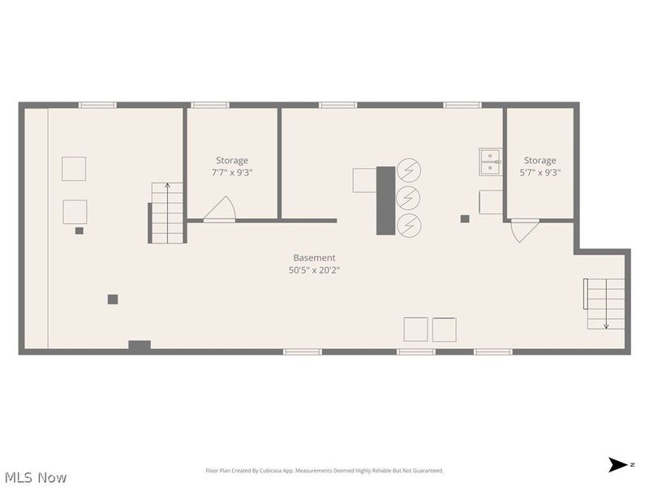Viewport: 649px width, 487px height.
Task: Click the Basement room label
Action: click(314, 258)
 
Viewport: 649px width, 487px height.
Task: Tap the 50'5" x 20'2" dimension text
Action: click(314, 271)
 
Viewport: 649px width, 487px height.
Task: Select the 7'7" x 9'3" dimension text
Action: click(232, 172)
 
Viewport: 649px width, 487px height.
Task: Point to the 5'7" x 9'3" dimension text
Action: click(540, 172)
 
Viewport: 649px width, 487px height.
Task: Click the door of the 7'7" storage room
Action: click(219, 209)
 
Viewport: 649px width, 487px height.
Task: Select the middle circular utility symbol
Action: click(409, 196)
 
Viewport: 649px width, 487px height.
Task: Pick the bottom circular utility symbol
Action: click(409, 223)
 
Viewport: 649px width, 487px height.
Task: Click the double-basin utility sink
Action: click(490, 162)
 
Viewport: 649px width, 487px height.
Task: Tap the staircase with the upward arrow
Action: click(167, 213)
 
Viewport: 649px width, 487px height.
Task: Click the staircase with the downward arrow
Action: click(605, 304)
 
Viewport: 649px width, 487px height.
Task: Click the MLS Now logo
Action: click(35, 477)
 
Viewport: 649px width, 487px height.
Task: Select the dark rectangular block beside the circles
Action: click(385, 200)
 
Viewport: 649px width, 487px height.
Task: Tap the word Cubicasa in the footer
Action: click(292, 471)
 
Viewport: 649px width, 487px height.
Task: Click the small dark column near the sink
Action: click(465, 218)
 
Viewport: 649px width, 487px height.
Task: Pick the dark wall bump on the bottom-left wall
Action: click(140, 346)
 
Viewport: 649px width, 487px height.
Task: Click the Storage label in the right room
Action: click(540, 161)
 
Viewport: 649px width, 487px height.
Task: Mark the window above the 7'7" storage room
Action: click(210, 105)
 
